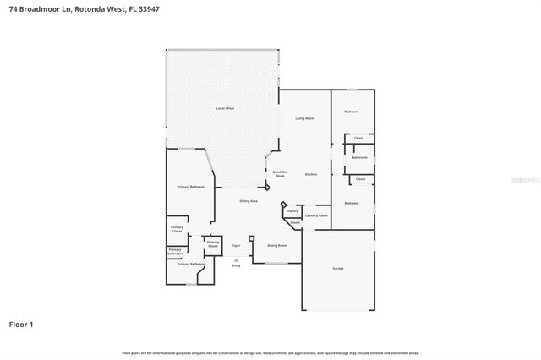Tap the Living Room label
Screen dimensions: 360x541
pyautogui.click(x=305, y=119)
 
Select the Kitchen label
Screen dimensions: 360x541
pyautogui.click(x=311, y=174)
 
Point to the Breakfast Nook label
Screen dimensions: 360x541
pyautogui.click(x=281, y=172)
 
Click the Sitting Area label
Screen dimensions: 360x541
pyautogui.click(x=249, y=201)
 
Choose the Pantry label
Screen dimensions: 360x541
pyautogui.click(x=292, y=211)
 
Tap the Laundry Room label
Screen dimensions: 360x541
pyautogui.click(x=316, y=215)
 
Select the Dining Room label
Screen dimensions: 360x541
pyautogui.click(x=277, y=245)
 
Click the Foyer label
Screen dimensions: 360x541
pyautogui.click(x=237, y=245)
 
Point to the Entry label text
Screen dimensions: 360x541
pyautogui.click(x=236, y=265)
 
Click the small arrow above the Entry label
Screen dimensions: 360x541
pyautogui.click(x=236, y=259)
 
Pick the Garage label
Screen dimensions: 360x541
pyautogui.click(x=338, y=268)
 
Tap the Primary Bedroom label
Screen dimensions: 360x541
pyautogui.click(x=190, y=186)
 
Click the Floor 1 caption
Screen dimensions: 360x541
pyautogui.click(x=21, y=324)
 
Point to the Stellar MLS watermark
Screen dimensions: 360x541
pyautogui.click(x=524, y=180)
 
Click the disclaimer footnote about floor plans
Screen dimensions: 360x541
pyautogui.click(x=270, y=352)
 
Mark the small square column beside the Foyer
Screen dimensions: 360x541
pyautogui.click(x=251, y=238)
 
